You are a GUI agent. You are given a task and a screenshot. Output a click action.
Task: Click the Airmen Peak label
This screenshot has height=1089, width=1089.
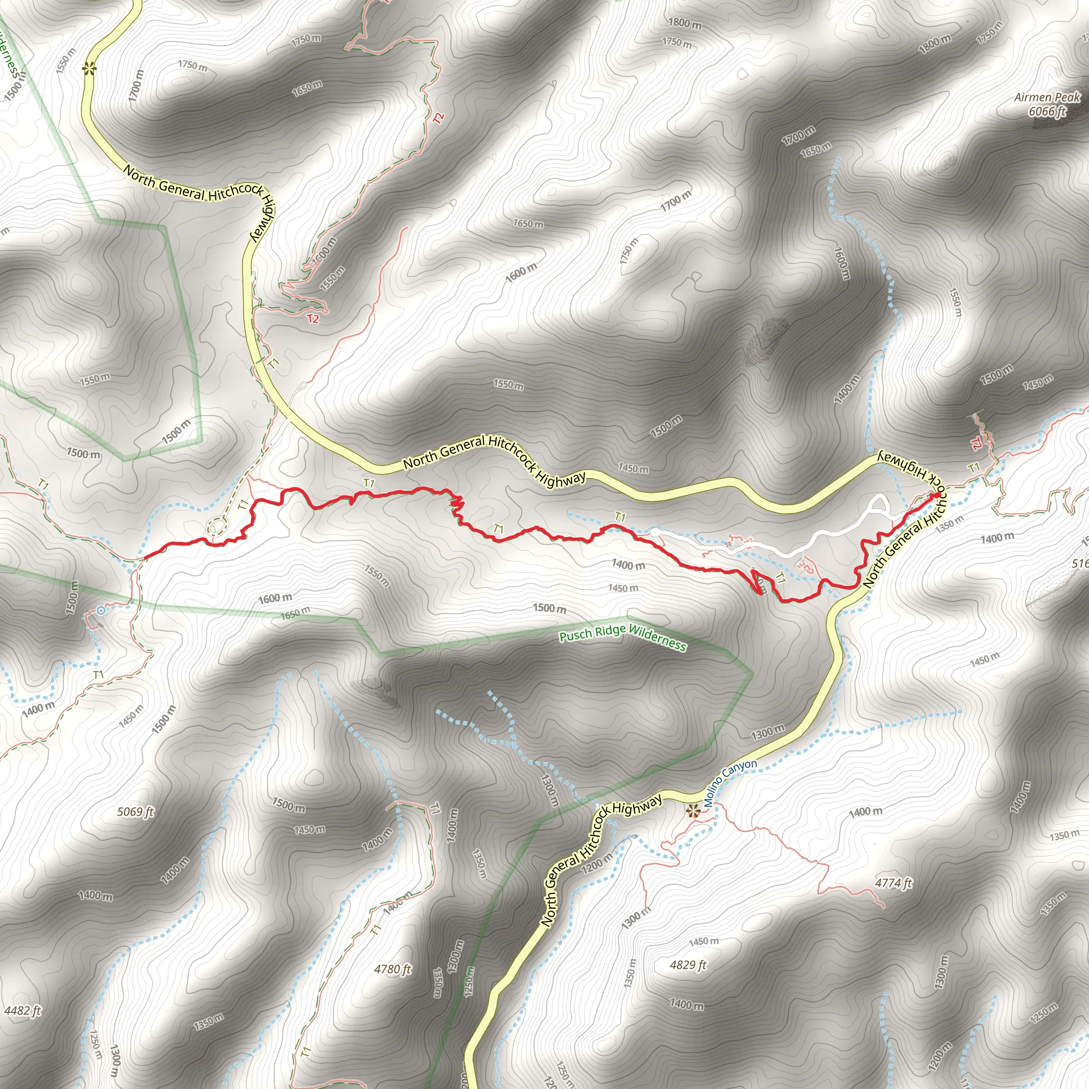[1048, 97]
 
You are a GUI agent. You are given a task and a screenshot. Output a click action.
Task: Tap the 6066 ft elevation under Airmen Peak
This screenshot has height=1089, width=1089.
[1048, 111]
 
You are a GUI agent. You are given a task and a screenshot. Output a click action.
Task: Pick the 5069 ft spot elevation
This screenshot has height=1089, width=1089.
[135, 811]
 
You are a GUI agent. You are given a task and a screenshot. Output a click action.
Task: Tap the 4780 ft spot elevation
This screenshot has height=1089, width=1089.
[393, 969]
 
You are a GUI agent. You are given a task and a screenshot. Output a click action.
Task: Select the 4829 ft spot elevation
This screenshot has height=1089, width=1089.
[688, 965]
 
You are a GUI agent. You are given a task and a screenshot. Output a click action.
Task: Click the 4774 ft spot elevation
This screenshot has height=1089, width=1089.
[893, 883]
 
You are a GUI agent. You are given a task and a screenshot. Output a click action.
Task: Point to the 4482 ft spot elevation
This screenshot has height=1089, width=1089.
[22, 1011]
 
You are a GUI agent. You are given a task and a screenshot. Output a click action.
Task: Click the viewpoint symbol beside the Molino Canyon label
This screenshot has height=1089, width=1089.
[693, 811]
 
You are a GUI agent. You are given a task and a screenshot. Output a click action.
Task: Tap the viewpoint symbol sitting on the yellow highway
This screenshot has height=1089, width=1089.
[88, 69]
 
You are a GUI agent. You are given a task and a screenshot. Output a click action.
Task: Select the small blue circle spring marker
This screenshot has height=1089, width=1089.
[100, 610]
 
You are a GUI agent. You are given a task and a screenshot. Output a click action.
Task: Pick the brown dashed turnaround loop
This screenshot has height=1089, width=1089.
[215, 527]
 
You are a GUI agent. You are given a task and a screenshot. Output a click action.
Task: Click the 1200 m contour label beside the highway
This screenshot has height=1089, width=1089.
[597, 862]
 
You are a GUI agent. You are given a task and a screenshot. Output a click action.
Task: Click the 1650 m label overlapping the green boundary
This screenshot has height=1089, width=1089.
[295, 612]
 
